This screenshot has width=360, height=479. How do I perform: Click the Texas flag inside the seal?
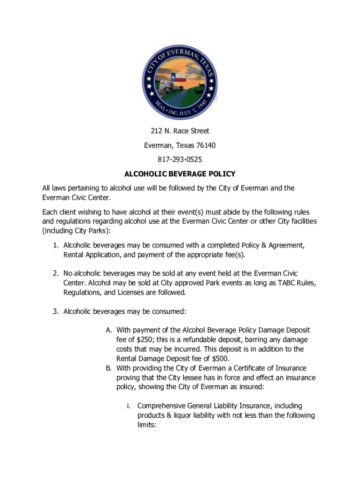point(180,77)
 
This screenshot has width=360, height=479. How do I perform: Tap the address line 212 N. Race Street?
point(180,131)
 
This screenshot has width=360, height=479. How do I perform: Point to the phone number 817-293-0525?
point(180,160)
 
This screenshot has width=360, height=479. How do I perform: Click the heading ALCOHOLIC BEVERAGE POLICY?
point(180,174)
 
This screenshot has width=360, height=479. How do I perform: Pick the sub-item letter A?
point(108,330)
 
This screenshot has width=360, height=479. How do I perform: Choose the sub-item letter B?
point(108,368)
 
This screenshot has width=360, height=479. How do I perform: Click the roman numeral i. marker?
point(129,406)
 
